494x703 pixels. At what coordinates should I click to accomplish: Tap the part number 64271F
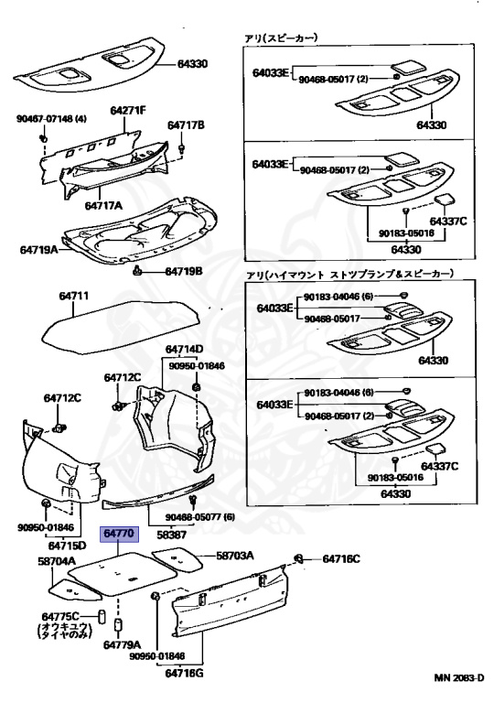[x=129, y=111]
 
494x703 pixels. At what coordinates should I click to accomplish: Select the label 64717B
[x=186, y=124]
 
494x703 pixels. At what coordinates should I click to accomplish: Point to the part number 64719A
[x=38, y=249]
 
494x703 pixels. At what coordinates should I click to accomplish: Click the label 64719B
[x=185, y=272]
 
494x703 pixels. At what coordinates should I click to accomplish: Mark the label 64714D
[x=184, y=350]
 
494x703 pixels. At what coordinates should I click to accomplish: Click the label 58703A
[x=235, y=556]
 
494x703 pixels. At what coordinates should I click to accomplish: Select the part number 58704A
[x=57, y=560]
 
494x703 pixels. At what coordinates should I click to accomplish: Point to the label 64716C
[x=340, y=558]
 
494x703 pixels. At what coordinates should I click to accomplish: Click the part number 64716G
[x=184, y=674]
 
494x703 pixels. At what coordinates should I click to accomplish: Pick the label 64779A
[x=121, y=644]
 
